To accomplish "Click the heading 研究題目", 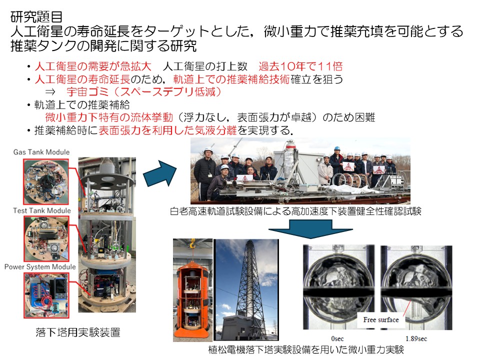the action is point(36,17).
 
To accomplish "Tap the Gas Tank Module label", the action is point(41,152).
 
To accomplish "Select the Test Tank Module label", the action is point(42,210).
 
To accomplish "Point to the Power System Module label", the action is point(40,267).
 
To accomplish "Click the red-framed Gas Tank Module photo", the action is point(46,181).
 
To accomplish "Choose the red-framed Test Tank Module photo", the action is point(46,239).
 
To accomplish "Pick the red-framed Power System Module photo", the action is point(46,295).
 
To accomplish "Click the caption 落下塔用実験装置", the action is point(78,332).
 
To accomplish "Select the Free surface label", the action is point(381,320).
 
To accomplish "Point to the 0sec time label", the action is point(337,338).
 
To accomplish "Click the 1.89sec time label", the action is point(416,338).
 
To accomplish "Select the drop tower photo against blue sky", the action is point(246,289).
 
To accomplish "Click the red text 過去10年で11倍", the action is point(300,66).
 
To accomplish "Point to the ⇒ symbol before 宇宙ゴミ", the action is point(50,92).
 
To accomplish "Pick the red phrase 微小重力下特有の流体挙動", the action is point(109,117).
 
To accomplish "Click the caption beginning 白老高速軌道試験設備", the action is point(295,211).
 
